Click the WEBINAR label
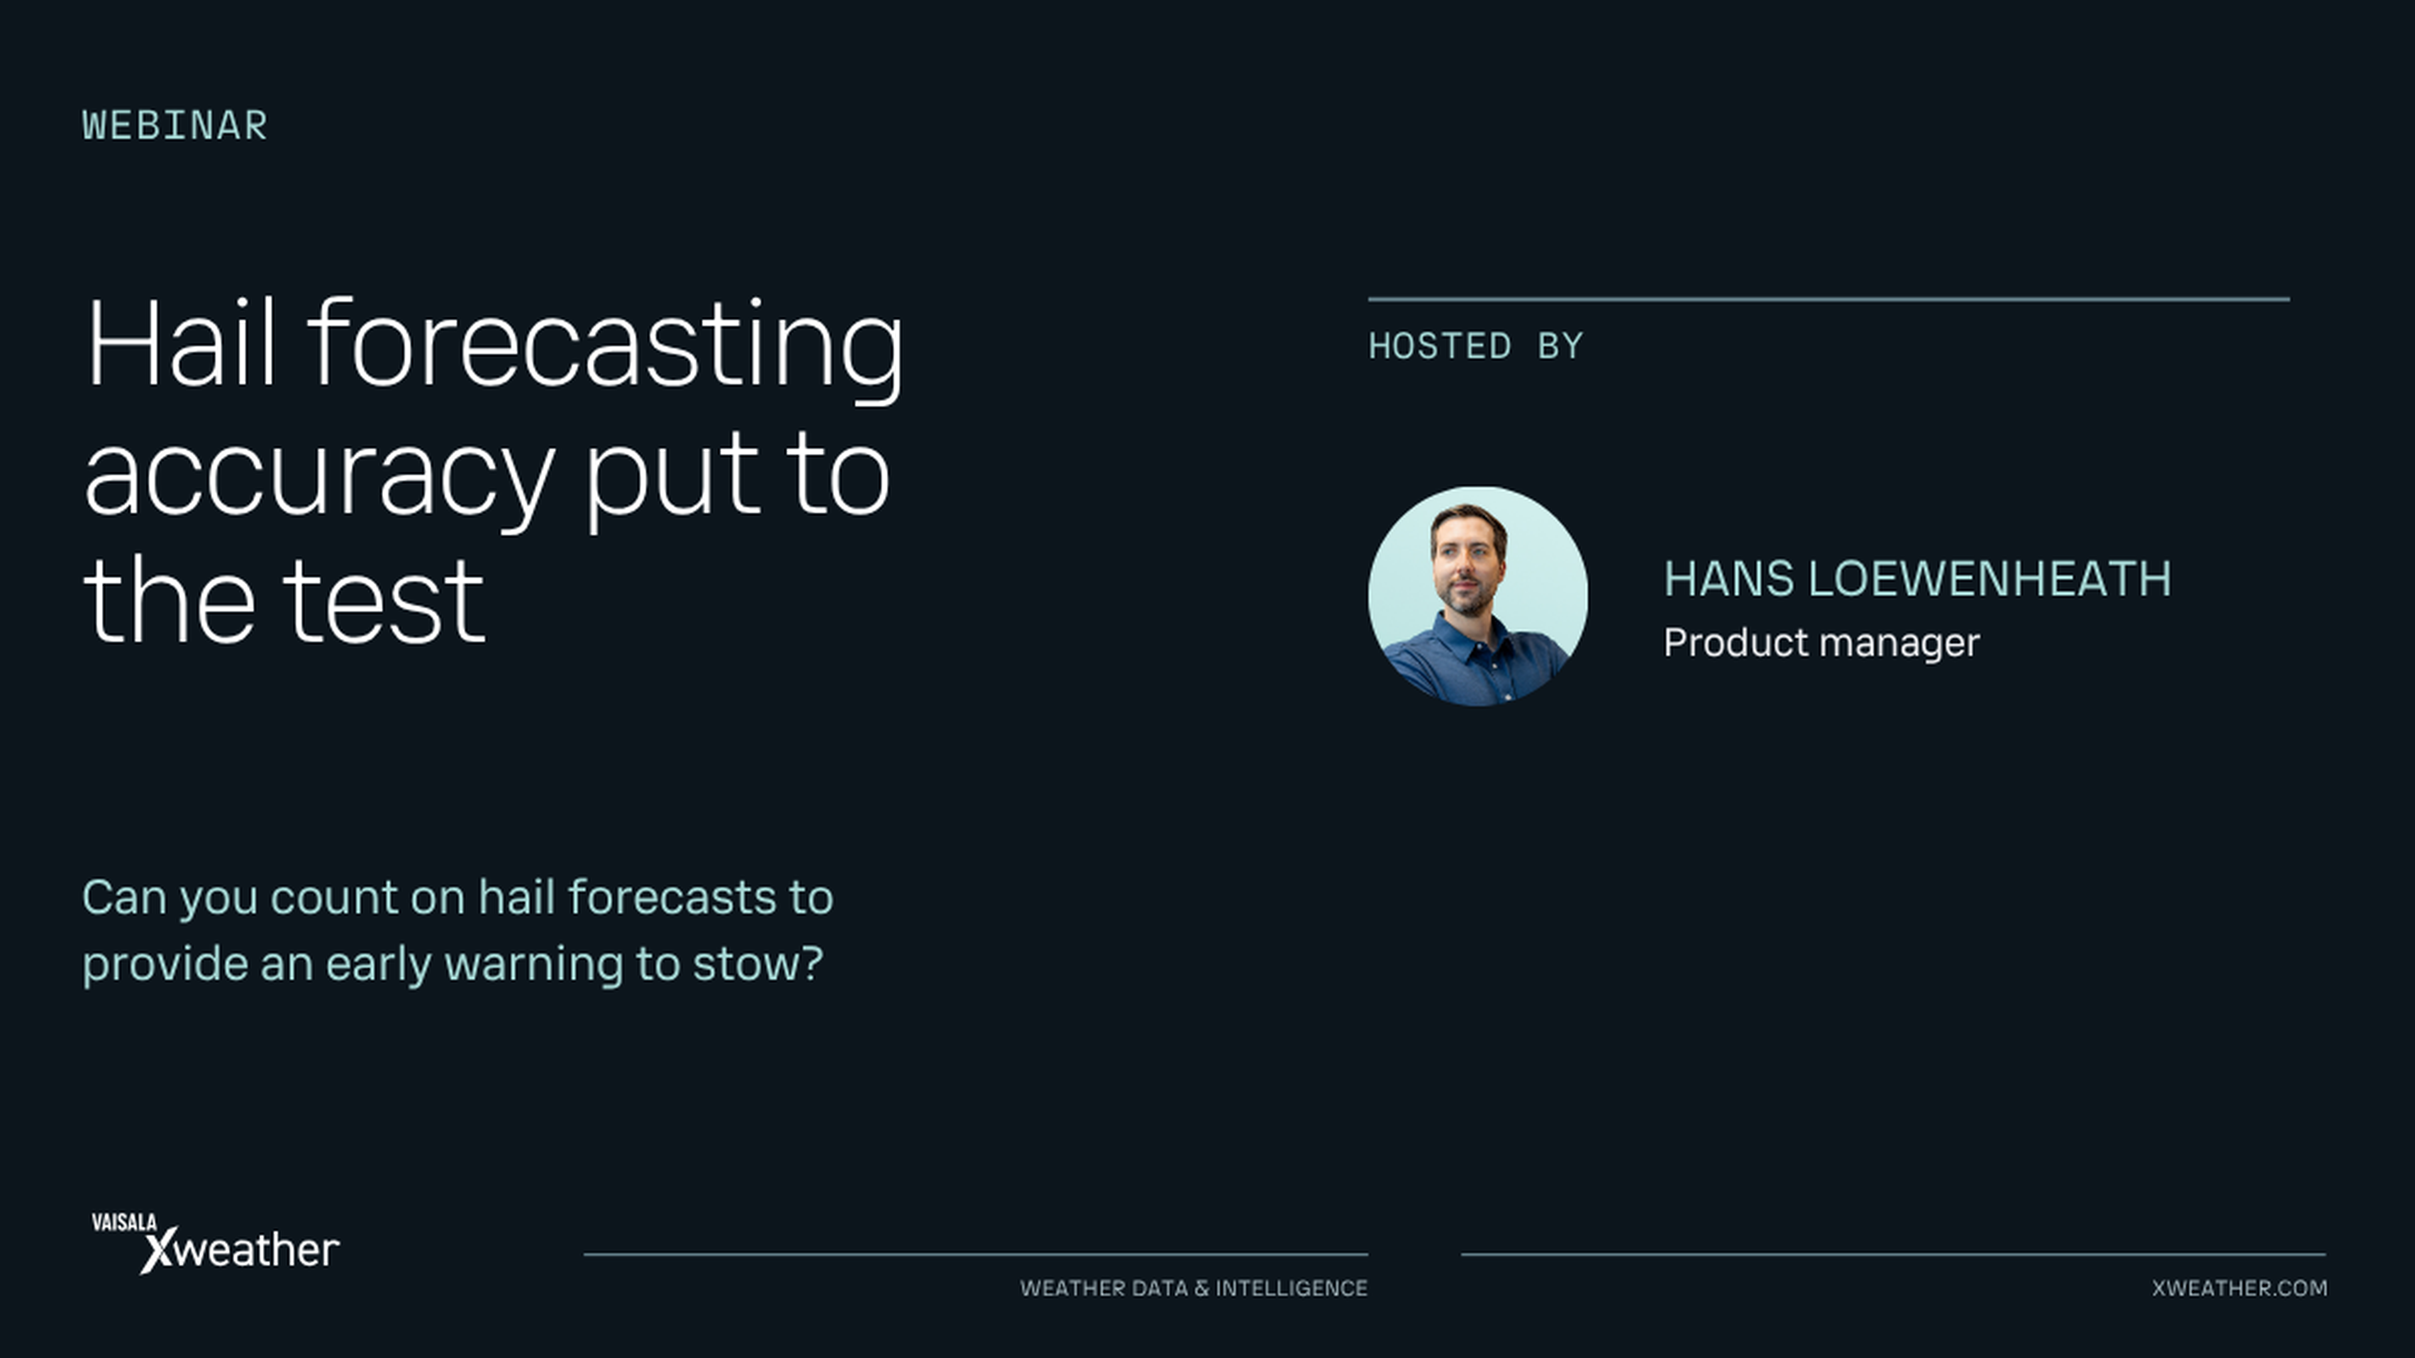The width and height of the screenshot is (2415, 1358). click(x=174, y=126)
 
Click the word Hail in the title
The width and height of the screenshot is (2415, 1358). click(x=180, y=343)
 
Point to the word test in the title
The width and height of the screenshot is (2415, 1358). click(x=384, y=603)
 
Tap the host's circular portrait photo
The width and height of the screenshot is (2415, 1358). click(x=1477, y=595)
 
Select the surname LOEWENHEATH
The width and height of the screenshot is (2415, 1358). click(x=1989, y=579)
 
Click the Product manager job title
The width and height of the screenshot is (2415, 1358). click(x=1821, y=643)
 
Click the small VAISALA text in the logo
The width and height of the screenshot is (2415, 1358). click(x=124, y=1222)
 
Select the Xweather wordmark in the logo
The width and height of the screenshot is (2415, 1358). click(x=240, y=1251)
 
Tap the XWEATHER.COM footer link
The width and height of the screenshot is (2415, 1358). click(x=2239, y=1289)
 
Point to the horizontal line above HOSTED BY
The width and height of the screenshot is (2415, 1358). click(x=1828, y=300)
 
